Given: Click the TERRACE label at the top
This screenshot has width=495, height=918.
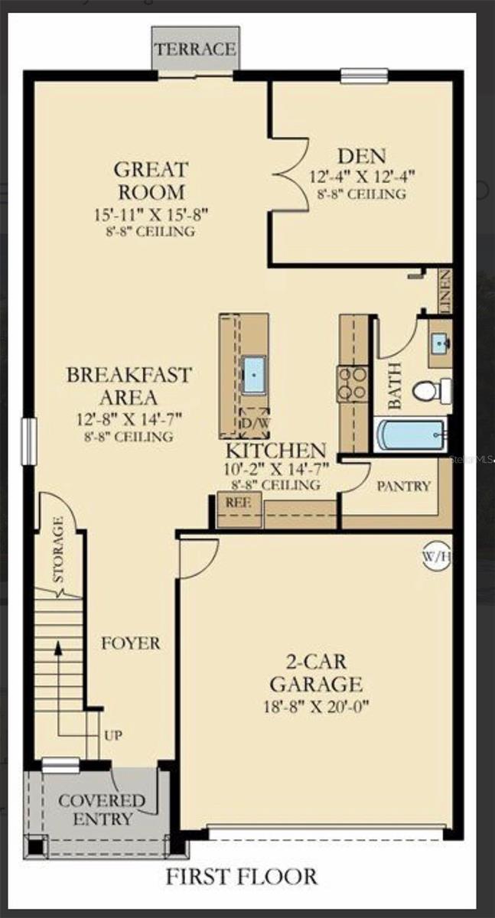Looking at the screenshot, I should tap(195, 49).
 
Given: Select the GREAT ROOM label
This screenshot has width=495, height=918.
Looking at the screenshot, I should tap(150, 180).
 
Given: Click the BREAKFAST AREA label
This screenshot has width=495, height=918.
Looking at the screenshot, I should tap(129, 386).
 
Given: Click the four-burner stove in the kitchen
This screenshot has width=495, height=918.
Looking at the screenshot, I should tap(353, 384).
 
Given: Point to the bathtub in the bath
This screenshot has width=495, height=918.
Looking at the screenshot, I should tap(411, 435).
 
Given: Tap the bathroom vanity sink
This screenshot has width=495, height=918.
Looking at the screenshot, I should tap(439, 343).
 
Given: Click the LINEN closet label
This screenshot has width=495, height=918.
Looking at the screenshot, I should tap(445, 291).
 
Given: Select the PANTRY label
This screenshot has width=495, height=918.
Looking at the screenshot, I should tap(403, 486).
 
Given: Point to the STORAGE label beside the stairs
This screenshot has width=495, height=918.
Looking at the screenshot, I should tap(58, 550).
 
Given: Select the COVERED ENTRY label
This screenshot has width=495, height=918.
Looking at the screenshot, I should tap(101, 810).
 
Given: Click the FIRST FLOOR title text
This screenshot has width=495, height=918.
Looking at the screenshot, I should tap(241, 876).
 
